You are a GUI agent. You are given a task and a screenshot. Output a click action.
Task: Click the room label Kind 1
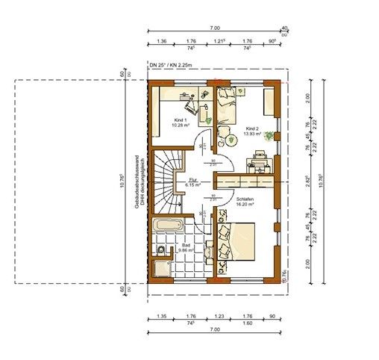tap(179, 120)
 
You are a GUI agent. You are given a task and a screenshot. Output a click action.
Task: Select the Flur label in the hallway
tap(192, 180)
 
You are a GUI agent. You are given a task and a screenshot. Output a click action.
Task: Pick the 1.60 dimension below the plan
tap(247, 323)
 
